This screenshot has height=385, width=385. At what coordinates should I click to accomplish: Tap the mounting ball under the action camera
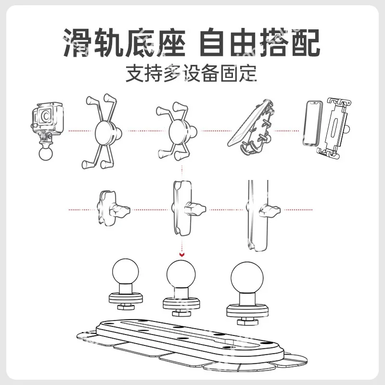click(46, 153)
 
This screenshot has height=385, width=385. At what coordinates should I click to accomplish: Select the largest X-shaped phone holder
click(101, 131)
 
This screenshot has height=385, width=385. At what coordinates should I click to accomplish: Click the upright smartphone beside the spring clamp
click(312, 123)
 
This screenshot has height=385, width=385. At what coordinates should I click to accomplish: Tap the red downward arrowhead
click(182, 255)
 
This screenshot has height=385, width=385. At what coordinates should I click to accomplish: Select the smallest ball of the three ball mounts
click(126, 271)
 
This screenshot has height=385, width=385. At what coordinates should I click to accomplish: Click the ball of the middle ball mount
click(181, 274)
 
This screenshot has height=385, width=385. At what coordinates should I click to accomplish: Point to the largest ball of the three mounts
click(247, 278)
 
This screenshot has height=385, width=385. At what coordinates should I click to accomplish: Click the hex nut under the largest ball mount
click(247, 321)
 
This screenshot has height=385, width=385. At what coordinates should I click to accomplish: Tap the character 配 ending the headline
click(306, 42)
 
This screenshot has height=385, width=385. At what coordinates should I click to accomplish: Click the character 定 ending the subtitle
click(248, 73)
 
